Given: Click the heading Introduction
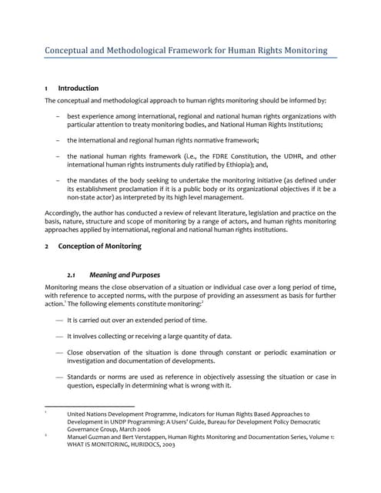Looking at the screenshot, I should [79, 89].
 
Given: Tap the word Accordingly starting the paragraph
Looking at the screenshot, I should [65, 212].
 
